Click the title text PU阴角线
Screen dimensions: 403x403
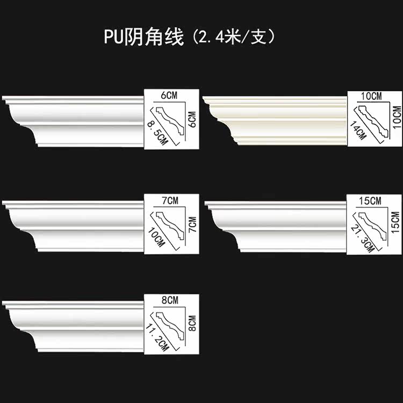click(144, 37)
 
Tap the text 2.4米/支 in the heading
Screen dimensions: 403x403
click(233, 37)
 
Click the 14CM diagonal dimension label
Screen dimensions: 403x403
click(358, 131)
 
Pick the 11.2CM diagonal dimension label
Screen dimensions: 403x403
click(157, 337)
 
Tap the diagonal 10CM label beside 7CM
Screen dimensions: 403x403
click(156, 237)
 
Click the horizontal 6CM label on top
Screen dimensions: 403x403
click(169, 95)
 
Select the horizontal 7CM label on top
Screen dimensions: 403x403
click(170, 200)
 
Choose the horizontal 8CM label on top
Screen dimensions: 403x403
click(170, 300)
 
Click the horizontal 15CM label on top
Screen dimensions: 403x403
click(370, 201)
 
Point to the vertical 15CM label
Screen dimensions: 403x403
click(396, 222)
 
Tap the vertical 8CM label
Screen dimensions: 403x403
click(192, 323)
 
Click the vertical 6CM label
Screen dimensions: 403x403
click(192, 119)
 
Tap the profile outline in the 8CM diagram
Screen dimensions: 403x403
click(170, 326)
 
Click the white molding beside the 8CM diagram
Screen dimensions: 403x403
click(73, 326)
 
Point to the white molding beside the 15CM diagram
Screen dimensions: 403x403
click(276, 227)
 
